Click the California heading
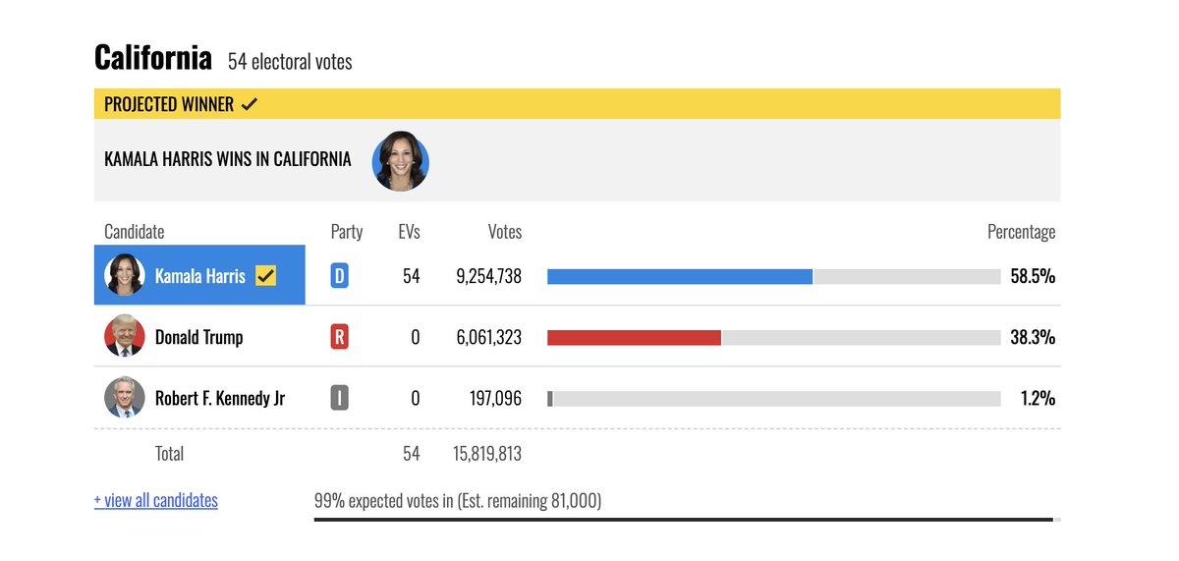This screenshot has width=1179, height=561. [152, 58]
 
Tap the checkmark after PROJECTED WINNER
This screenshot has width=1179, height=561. [250, 104]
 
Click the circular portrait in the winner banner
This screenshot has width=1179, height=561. [400, 161]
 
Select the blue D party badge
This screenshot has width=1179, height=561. [339, 276]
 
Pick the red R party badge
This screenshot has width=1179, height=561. [339, 337]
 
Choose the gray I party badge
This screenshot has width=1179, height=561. [339, 398]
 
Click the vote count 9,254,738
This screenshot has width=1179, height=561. [488, 276]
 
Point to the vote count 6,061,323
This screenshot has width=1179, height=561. [488, 337]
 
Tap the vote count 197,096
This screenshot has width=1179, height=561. [495, 398]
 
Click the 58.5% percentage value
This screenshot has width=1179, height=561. [1033, 276]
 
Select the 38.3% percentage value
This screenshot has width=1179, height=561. [1033, 337]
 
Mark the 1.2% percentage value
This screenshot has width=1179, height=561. [1038, 398]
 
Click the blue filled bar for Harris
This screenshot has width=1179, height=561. [679, 276]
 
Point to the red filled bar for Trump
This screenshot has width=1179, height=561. [634, 337]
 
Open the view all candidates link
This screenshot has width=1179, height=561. [155, 500]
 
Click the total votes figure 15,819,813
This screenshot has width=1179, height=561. [488, 454]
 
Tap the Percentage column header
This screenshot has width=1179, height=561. [1021, 232]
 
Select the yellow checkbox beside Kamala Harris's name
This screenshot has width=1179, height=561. [265, 276]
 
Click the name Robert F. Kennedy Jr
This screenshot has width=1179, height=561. [220, 398]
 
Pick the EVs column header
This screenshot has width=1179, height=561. [409, 232]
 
